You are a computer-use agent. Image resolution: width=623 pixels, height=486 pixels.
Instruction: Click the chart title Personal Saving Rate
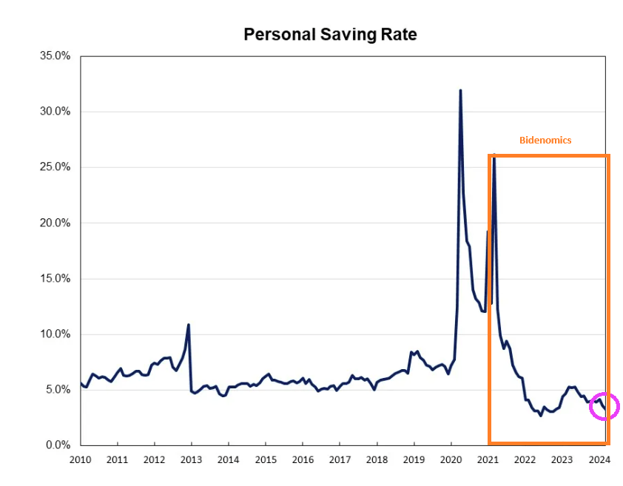coord(330,34)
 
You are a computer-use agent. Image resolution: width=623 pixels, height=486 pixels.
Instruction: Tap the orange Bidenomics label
coord(545,140)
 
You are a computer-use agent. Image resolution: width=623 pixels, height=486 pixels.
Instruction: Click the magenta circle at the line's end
coord(604,406)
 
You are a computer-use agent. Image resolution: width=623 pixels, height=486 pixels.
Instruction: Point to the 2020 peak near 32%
coord(460,91)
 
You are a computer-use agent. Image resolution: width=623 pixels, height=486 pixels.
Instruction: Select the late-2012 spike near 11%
coord(189,325)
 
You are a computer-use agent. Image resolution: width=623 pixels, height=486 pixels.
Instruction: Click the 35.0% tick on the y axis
coord(55,56)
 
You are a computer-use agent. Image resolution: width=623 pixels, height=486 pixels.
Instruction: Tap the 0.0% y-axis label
coord(57,445)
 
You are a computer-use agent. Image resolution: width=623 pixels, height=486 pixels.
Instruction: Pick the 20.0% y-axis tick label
coord(55,223)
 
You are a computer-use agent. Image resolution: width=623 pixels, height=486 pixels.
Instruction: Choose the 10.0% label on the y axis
coord(55,334)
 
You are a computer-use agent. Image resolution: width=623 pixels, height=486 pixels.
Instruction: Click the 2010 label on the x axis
coord(80,460)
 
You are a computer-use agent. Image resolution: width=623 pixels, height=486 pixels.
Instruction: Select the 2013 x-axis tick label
coord(192,460)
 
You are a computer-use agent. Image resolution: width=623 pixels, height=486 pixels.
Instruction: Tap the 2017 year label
coord(340,460)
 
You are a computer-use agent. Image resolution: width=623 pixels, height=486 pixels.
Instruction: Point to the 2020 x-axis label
coord(451,460)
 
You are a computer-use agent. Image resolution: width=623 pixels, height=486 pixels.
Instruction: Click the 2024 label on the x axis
coord(599,460)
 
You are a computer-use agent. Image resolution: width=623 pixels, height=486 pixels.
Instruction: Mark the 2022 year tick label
coord(525,460)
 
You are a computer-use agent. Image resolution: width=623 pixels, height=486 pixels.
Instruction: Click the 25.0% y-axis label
coord(55,167)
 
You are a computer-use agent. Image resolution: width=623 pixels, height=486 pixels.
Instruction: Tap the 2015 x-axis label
coord(266,460)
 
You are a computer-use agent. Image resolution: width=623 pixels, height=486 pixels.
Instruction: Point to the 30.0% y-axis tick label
coord(55,112)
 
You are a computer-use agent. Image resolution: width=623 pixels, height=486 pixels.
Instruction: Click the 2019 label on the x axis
coord(414,460)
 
